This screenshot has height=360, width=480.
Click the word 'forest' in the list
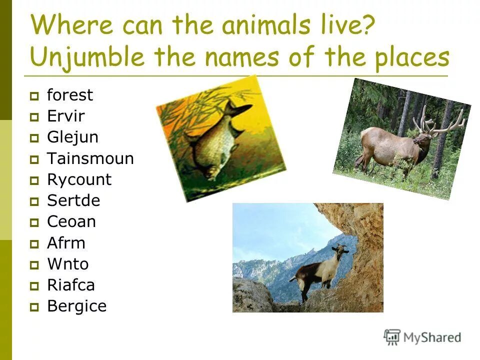pyautogui.click(x=70, y=95)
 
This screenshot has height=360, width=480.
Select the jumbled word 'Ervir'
pyautogui.click(x=66, y=116)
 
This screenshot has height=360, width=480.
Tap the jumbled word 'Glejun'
pyautogui.click(x=72, y=137)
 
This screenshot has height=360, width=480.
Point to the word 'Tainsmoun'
pyautogui.click(x=90, y=159)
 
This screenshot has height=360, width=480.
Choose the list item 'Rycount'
pyautogui.click(x=79, y=180)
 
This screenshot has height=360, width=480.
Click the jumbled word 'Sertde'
pyautogui.click(x=73, y=201)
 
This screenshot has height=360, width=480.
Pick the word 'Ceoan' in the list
pyautogui.click(x=71, y=222)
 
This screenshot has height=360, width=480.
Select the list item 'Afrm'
pyautogui.click(x=66, y=243)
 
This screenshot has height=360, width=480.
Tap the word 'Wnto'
pyautogui.click(x=68, y=264)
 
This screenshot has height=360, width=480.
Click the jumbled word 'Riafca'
pyautogui.click(x=71, y=285)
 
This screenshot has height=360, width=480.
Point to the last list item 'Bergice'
pyautogui.click(x=77, y=306)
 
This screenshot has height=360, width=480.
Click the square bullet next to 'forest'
pyautogui.click(x=34, y=96)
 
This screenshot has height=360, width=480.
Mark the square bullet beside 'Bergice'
pyautogui.click(x=34, y=307)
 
